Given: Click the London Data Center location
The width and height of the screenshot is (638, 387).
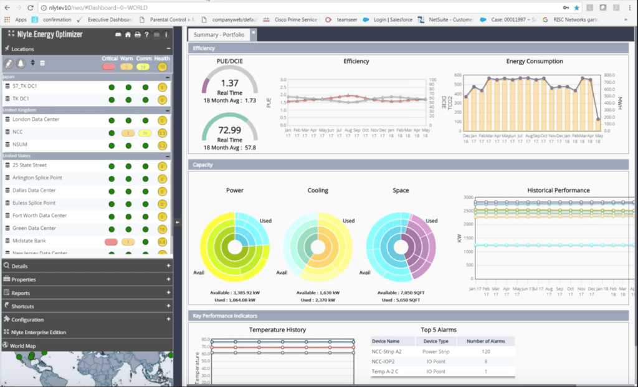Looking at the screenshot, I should point(36,120).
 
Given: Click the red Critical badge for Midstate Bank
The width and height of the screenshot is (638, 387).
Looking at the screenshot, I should point(111,242).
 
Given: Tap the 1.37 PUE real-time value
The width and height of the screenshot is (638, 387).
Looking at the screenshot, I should point(230,83).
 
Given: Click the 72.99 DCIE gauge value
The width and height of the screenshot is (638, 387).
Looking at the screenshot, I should point(230,130).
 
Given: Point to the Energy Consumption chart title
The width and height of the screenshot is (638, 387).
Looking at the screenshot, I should point(535,62).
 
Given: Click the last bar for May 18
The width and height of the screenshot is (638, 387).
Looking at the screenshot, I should point(598,125).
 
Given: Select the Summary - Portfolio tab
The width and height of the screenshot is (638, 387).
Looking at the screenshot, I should point(219,35).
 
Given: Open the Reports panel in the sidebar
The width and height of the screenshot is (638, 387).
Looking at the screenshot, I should point(21,293).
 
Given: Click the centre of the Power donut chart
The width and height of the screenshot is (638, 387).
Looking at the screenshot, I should point(235,247).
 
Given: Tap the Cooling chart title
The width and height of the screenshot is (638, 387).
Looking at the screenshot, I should point(318,191).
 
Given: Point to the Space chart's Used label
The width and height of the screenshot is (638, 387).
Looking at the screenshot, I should point(432,221).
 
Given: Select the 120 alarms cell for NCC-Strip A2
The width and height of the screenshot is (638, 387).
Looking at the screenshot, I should point(485,351).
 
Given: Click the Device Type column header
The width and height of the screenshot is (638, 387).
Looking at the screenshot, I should point(436,341).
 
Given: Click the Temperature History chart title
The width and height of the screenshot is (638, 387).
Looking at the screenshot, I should point(277,330).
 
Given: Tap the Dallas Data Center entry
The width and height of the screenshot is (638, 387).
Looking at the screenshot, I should point(34,191).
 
